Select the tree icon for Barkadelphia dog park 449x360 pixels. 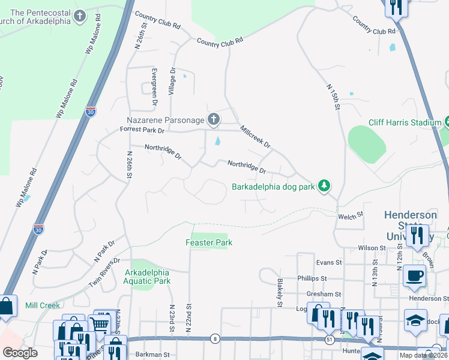[x=324, y=185]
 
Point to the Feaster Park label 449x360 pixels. [x=208, y=242]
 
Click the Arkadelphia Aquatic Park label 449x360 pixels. [x=148, y=277]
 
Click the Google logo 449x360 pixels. [x=20, y=353]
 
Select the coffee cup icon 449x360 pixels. [x=414, y=277]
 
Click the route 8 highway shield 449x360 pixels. [x=215, y=340]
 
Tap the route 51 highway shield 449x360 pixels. [x=330, y=340]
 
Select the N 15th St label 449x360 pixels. [x=334, y=96]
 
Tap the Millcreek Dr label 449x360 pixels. [x=255, y=137]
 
